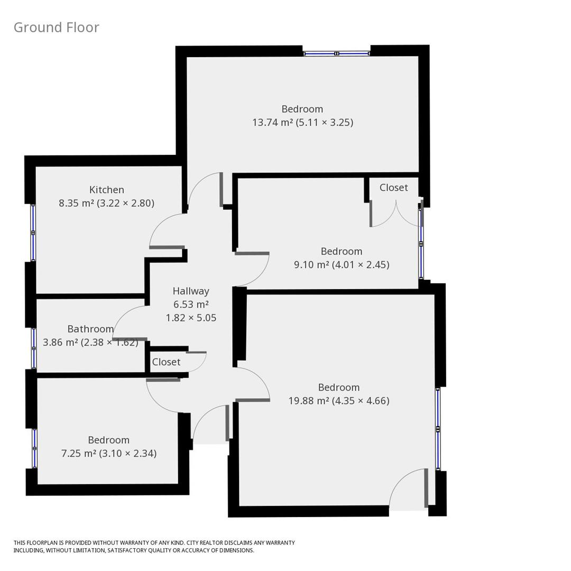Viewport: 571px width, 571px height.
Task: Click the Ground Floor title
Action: (56, 27)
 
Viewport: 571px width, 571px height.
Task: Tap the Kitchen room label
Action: (107, 190)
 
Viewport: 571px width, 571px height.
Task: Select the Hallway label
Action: (191, 291)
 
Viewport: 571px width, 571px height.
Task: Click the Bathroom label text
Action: (90, 329)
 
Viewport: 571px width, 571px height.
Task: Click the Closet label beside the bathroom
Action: (166, 362)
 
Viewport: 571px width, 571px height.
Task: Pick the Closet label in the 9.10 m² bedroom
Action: (393, 188)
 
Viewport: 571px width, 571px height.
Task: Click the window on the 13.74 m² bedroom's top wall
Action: (336, 53)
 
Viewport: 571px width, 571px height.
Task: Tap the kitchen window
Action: (33, 233)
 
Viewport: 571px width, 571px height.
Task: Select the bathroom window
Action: (34, 348)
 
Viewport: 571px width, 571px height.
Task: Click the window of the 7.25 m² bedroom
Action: (34, 448)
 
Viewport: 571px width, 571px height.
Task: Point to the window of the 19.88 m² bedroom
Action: (438, 429)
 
